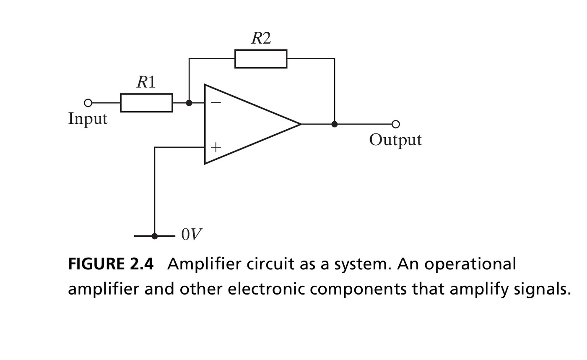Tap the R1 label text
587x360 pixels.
[x=146, y=82]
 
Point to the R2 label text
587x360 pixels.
[x=261, y=38]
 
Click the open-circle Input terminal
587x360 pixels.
[x=88, y=103]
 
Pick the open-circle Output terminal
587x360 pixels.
[x=396, y=124]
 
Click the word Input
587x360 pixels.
[x=88, y=119]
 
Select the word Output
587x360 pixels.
[x=395, y=140]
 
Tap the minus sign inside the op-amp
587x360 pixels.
[x=216, y=102]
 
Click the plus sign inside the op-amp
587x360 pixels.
[x=216, y=147]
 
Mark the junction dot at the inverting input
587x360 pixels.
[x=189, y=103]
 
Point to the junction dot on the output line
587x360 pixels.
[x=335, y=124]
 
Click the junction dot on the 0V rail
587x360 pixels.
[x=155, y=236]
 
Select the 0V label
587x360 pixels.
[x=192, y=234]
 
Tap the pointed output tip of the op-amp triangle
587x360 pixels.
[x=301, y=124]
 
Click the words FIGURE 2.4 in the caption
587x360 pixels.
[x=111, y=264]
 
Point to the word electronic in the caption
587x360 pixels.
[x=266, y=289]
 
